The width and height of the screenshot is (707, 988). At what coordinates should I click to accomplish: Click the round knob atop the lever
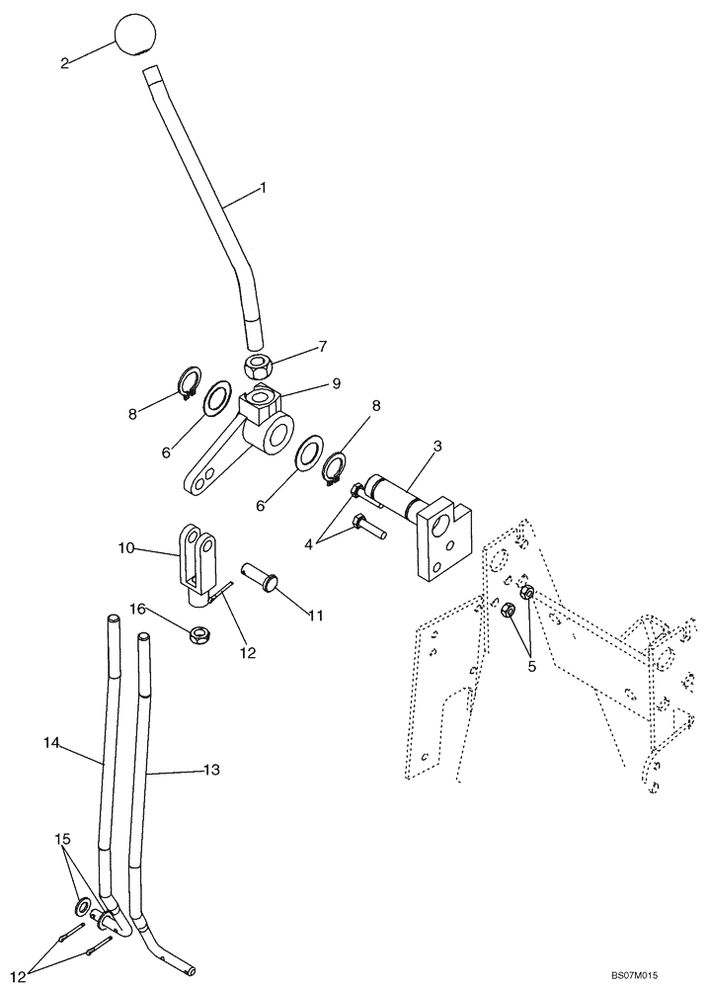(136, 36)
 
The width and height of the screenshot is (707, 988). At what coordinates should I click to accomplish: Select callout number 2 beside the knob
(64, 63)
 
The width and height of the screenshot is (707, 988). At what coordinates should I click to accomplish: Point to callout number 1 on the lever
(262, 187)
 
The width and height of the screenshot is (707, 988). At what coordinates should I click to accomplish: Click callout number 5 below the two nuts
(533, 666)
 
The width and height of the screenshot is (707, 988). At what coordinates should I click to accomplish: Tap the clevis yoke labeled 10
(196, 563)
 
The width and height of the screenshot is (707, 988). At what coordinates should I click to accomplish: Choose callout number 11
(315, 616)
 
